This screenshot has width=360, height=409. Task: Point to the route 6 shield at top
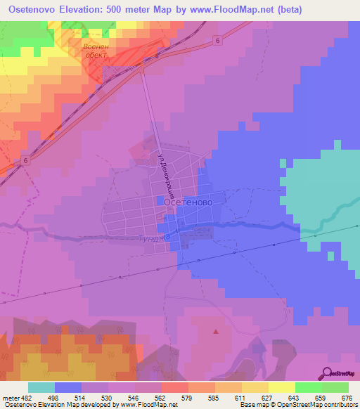tap(218, 41)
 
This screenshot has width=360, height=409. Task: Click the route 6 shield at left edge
tap(25, 161)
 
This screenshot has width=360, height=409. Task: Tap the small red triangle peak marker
tap(216, 331)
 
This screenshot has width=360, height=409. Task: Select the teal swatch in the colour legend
tap(41, 387)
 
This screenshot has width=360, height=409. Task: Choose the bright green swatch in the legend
tap(308, 387)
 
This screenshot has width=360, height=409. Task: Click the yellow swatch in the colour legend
tap(255, 387)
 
